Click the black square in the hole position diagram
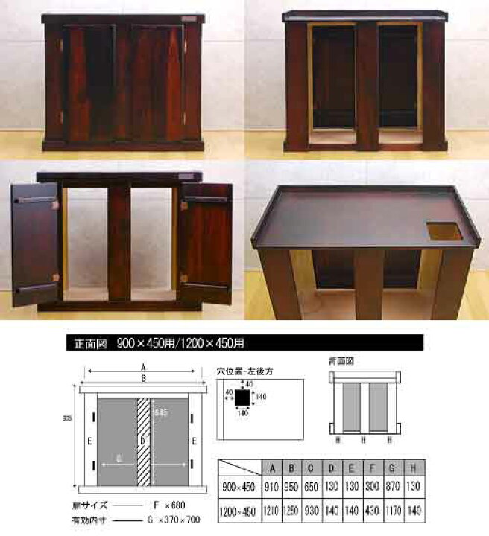coord(242,398)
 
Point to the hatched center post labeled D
coord(144,439)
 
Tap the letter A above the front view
coord(142,366)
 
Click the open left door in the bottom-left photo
coord(35,242)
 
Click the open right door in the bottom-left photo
coord(205,242)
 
